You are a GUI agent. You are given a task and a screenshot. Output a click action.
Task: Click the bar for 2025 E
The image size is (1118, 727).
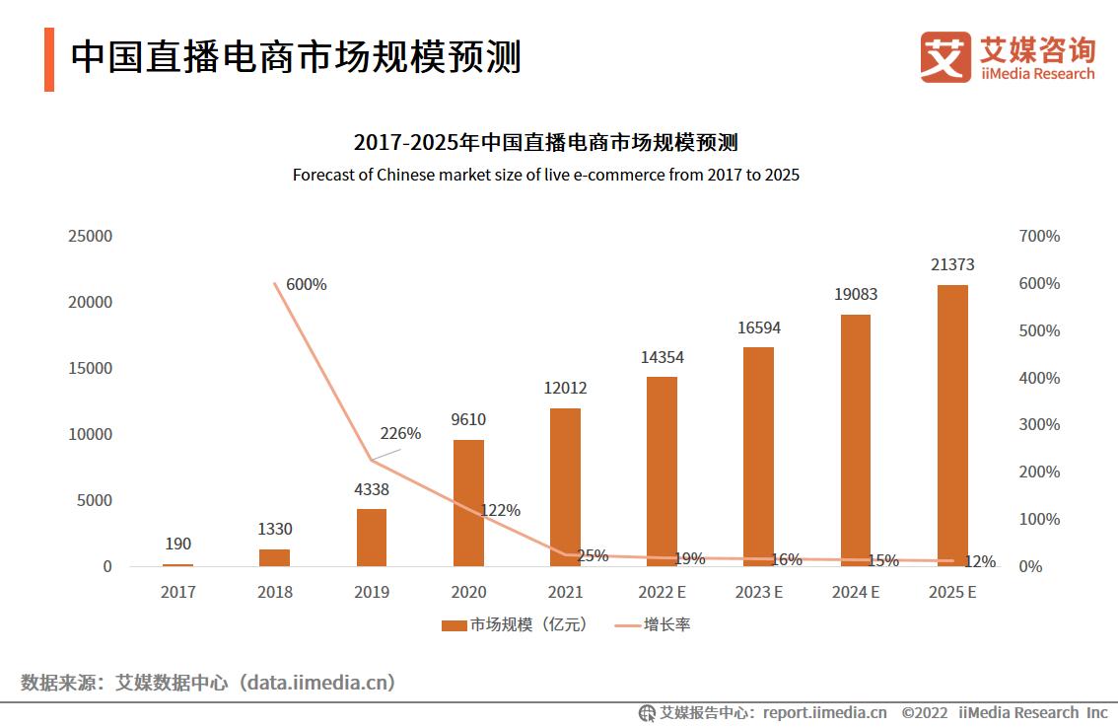952,425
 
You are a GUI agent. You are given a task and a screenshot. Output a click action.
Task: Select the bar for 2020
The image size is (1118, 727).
468,503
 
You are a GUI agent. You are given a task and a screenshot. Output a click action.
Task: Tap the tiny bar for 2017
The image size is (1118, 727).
178,564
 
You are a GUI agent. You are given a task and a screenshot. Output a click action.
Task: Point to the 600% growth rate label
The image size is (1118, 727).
306,285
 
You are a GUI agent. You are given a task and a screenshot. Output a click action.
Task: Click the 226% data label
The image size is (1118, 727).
400,434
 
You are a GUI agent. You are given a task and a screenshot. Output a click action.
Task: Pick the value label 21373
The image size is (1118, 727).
952,264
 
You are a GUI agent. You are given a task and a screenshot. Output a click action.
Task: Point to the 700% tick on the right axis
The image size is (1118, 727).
1038,237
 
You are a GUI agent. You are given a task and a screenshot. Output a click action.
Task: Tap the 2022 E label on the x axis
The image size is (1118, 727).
662,593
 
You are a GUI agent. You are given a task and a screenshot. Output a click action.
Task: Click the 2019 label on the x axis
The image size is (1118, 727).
372,593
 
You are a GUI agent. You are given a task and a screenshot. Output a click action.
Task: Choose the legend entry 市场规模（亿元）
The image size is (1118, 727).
514,624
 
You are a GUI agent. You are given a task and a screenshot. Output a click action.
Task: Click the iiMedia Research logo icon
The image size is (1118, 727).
945,57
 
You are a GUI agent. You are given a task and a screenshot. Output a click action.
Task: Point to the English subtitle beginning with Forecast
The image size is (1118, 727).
545,176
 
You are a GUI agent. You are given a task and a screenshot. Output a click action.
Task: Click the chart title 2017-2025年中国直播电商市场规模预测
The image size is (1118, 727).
545,143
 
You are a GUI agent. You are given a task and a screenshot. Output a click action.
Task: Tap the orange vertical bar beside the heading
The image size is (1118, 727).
49,59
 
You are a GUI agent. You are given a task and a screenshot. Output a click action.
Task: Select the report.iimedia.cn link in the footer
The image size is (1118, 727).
823,712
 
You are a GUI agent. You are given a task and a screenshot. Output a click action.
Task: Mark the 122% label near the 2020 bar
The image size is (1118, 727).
500,511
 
